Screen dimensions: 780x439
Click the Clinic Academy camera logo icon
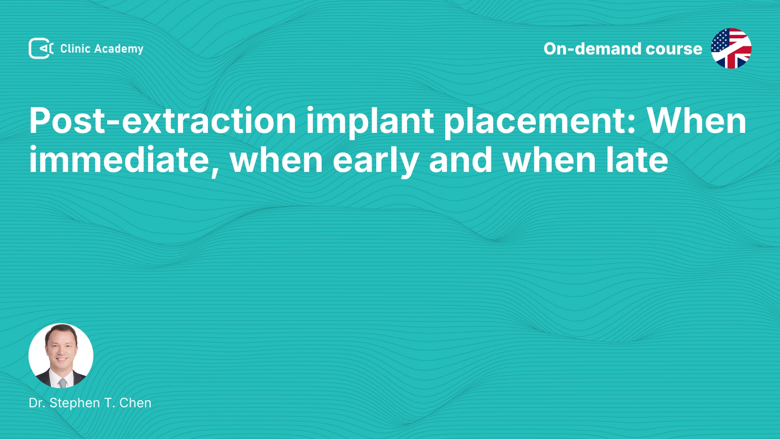coord(41,48)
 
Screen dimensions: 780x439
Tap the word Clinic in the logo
coord(75,49)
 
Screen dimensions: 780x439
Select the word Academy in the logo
coord(119,49)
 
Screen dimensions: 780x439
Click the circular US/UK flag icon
coord(731,48)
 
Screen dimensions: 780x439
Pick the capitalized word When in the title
coord(697,121)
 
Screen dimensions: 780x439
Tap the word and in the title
coord(461,160)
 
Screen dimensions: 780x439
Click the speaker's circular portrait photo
coord(61,356)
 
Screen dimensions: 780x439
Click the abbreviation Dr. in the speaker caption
coord(37,403)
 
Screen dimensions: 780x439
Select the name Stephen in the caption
coord(75,403)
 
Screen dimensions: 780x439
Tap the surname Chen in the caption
coord(135,403)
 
